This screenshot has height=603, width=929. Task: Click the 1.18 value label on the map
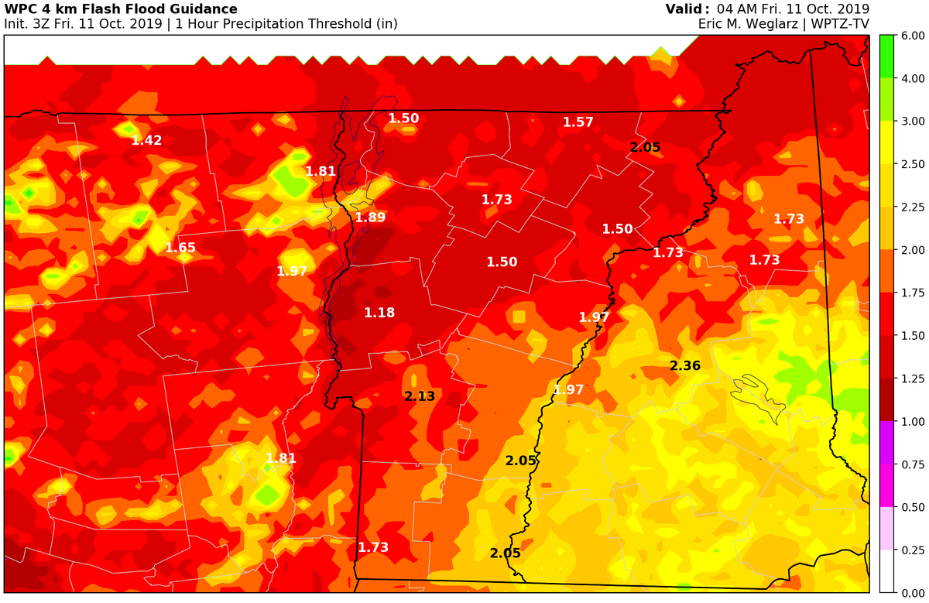pyautogui.click(x=379, y=313)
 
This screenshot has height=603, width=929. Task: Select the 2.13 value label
pyautogui.click(x=420, y=396)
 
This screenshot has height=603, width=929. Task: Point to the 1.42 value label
pyautogui.click(x=146, y=140)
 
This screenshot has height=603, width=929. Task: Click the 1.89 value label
pyautogui.click(x=370, y=218)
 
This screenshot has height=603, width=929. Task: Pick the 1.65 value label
pyautogui.click(x=180, y=248)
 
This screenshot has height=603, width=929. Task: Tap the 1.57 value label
pyautogui.click(x=578, y=122)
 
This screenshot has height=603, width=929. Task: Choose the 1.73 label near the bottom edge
pyautogui.click(x=372, y=547)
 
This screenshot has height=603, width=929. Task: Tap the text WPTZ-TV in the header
pyautogui.click(x=841, y=24)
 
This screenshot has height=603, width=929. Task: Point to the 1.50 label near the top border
pyautogui.click(x=403, y=118)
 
